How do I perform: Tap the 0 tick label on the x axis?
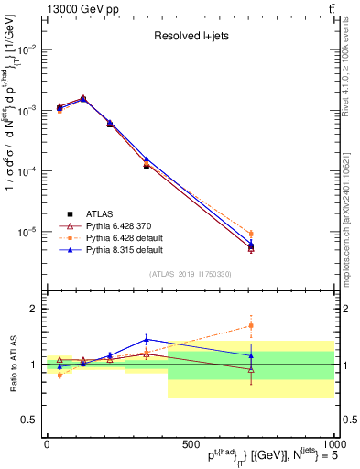(47, 444)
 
